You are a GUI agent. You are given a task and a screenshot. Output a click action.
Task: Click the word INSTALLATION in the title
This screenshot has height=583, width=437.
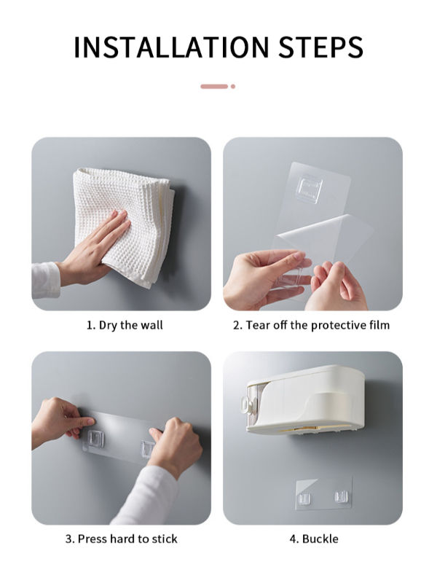tap(170, 47)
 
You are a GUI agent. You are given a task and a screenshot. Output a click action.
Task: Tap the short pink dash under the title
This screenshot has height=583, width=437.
tap(214, 86)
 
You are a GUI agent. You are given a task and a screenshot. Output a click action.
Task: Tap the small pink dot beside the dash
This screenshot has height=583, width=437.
tap(233, 86)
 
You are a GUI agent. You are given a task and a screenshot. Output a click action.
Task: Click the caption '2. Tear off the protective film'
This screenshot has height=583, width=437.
tap(312, 325)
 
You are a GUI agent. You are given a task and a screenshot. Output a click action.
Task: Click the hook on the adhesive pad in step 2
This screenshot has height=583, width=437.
tap(309, 189)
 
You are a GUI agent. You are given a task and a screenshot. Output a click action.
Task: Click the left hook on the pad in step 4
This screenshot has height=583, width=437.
tap(304, 498)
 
